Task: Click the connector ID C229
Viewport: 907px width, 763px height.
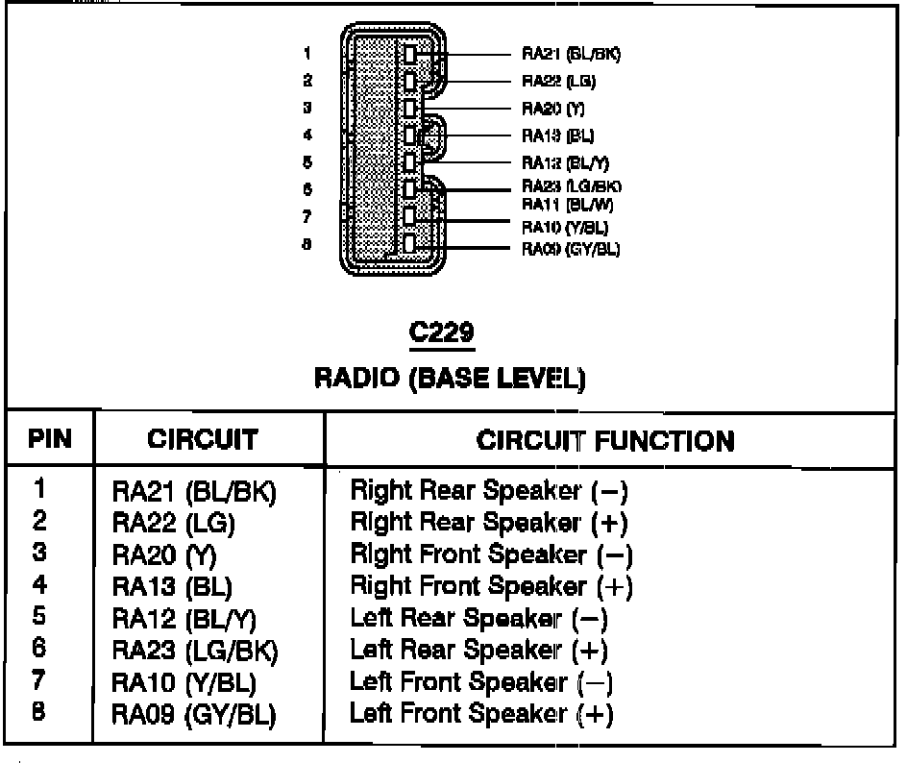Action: coord(441,333)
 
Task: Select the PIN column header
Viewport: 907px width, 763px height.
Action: coord(50,441)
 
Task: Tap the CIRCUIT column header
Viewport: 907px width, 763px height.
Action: coord(203,441)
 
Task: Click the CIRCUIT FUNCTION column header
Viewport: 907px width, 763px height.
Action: coord(605,441)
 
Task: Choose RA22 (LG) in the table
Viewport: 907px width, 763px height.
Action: coord(174,525)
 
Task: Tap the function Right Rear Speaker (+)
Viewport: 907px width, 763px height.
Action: coord(489,524)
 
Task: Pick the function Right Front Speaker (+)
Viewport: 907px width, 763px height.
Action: coord(492,585)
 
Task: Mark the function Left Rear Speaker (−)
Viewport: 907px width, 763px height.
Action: coord(478,619)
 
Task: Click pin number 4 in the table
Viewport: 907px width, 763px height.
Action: coord(40,584)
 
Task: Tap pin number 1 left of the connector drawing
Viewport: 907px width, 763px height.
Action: coord(306,54)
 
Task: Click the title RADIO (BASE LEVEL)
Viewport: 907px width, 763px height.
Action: coord(450,379)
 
